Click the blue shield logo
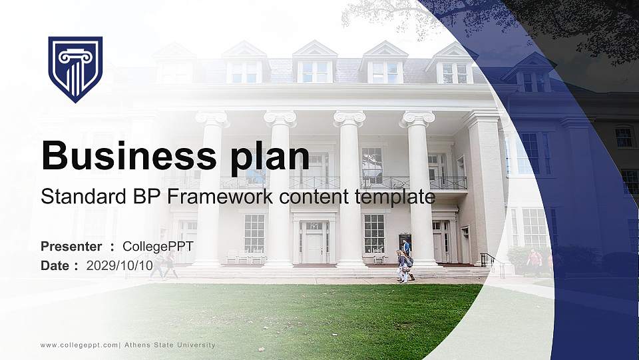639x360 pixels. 75,69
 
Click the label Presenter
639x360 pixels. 71,247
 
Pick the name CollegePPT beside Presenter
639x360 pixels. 158,247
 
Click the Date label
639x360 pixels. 55,266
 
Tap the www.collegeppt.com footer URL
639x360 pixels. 79,345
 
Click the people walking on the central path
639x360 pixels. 405,263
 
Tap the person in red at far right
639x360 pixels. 534,261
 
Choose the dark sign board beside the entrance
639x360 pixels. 405,241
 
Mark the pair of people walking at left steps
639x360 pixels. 164,265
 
